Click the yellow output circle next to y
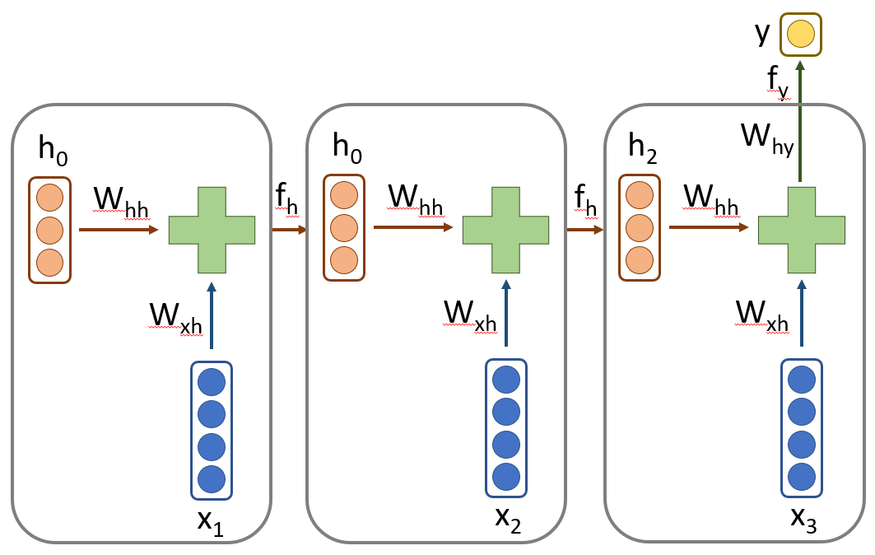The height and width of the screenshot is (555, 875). pos(801,35)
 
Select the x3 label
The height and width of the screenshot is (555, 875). pos(803,518)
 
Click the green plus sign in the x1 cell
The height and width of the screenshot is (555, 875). pos(212,230)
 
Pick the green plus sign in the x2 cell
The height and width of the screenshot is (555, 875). pos(505,230)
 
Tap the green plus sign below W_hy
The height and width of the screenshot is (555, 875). pos(801,230)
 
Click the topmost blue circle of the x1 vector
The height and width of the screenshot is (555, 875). pos(212,381)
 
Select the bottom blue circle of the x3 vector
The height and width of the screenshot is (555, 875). pos(801,476)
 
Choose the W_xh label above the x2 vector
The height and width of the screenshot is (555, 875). pos(469,314)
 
